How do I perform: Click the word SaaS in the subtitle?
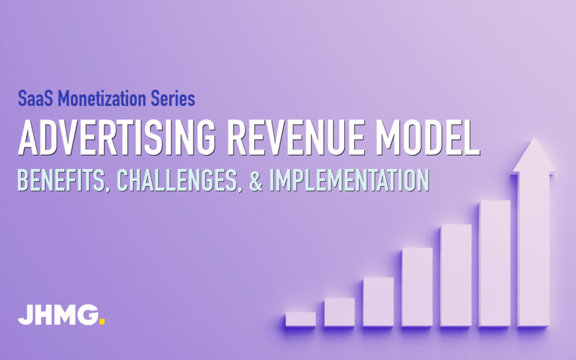tap(36, 99)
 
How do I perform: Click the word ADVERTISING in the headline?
tap(117, 138)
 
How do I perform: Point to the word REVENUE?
tap(296, 138)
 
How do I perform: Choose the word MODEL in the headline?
tap(428, 138)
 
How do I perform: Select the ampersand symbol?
tap(256, 180)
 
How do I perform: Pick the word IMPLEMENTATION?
tap(349, 180)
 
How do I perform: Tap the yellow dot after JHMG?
tap(102, 322)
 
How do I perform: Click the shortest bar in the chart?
tap(300, 319)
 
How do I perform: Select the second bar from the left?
tap(339, 312)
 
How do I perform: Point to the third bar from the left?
tap(378, 301)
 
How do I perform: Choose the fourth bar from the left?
tap(417, 286)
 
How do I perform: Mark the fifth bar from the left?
tap(456, 275)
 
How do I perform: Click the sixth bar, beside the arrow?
tap(495, 263)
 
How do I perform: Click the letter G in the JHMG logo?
tap(88, 315)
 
